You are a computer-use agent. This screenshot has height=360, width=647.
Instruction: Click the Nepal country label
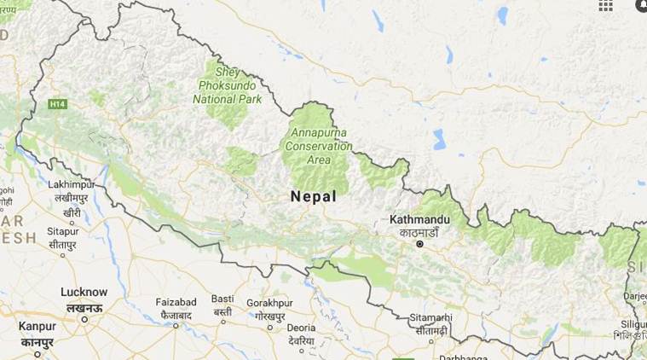(313, 196)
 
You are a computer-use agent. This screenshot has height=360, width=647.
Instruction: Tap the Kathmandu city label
(419, 219)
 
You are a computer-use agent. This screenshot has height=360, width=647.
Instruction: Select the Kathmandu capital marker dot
(419, 244)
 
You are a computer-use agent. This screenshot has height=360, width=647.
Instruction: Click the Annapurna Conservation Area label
(320, 145)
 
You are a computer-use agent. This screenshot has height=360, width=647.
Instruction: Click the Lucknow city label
(84, 292)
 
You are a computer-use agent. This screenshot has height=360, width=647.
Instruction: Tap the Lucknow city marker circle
(84, 319)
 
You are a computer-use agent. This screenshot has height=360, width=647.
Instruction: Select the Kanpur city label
(37, 326)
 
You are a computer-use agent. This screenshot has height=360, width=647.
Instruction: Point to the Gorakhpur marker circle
(270, 326)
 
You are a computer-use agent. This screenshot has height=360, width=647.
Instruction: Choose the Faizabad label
(176, 302)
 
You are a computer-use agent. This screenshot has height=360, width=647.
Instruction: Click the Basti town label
(222, 299)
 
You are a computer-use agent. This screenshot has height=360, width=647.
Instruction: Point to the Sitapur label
(62, 230)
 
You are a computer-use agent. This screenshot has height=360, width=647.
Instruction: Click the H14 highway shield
(57, 104)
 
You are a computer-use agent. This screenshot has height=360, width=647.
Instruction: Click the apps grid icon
(605, 5)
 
